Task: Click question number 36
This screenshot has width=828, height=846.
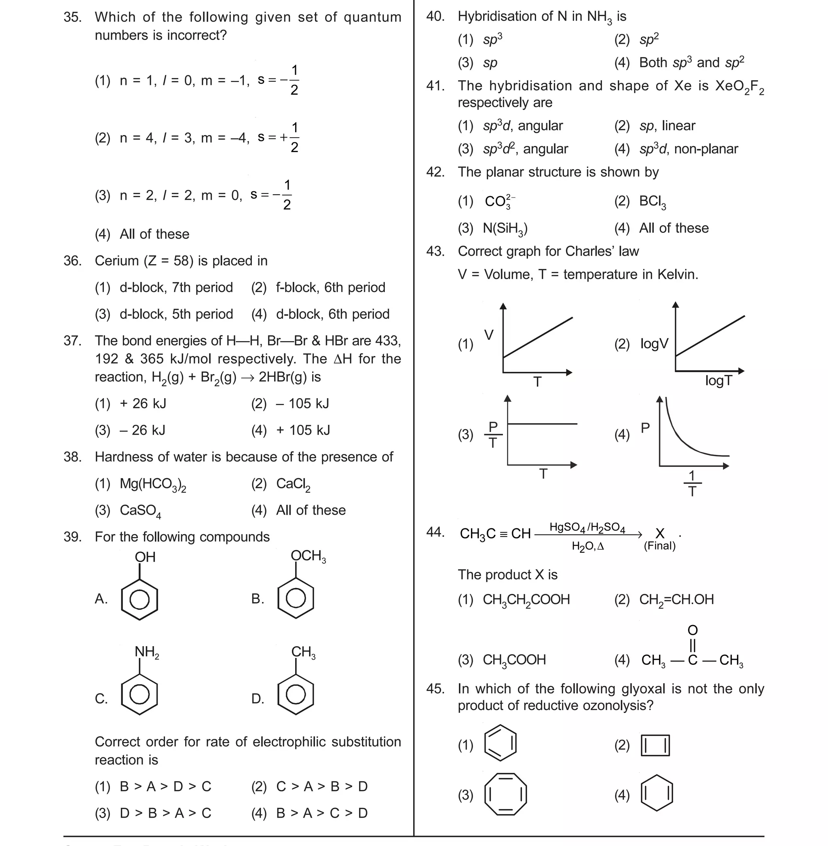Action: (72, 261)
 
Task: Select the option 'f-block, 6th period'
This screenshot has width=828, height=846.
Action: (330, 287)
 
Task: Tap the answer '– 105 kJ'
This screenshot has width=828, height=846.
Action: (302, 403)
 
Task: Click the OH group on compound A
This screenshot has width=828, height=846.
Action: (145, 557)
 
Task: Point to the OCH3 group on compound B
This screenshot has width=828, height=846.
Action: (308, 556)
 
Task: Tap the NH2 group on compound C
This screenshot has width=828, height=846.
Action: (146, 652)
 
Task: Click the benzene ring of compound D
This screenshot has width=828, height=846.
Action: (296, 695)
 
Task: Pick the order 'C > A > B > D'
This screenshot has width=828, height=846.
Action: (322, 787)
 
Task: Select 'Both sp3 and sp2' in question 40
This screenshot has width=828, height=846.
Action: (691, 62)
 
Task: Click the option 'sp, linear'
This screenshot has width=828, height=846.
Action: (667, 126)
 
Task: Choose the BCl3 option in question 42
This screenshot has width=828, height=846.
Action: (652, 201)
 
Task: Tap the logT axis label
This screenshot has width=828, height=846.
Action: (718, 381)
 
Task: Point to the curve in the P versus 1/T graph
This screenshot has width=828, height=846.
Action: (683, 439)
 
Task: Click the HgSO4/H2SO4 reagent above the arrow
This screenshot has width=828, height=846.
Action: (587, 527)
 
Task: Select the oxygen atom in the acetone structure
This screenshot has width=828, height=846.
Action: (692, 630)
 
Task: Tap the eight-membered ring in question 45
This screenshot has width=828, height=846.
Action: (505, 794)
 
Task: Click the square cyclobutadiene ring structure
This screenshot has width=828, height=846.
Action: (655, 746)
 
